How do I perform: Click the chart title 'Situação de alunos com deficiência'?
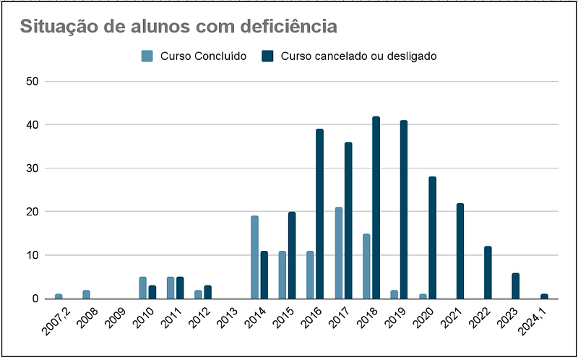pos(178,27)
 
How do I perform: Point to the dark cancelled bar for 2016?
pos(319,214)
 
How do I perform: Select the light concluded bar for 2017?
pos(338,252)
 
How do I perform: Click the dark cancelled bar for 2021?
pos(460,251)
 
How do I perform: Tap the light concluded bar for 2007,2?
pos(59,296)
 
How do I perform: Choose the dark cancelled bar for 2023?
pos(515,286)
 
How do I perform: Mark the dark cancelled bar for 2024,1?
pos(543,296)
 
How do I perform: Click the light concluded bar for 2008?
pos(87,294)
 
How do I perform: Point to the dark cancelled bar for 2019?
pos(404,210)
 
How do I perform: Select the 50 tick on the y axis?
pos(32,82)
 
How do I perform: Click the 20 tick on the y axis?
pos(32,212)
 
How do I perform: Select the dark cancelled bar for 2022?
pos(488,273)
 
